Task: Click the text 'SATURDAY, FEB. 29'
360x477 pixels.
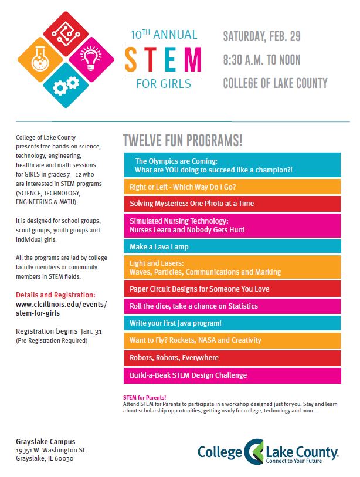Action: (x=261, y=37)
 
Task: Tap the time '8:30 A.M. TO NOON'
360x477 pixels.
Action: (x=261, y=60)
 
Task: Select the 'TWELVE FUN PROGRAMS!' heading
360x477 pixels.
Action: (x=182, y=141)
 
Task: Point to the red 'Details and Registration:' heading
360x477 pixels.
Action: (x=56, y=295)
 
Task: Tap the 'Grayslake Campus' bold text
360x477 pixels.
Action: (x=45, y=441)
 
